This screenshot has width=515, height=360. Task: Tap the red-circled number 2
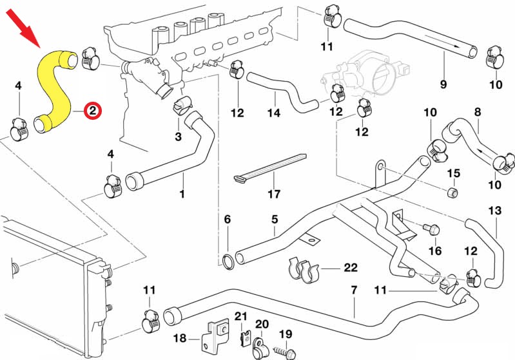[93, 111]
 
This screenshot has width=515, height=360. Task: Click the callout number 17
[274, 193]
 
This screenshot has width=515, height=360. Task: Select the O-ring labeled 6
[228, 260]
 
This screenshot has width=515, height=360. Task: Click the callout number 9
[443, 83]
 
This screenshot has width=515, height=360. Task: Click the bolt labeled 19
[284, 351]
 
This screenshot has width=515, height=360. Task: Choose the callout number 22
[350, 267]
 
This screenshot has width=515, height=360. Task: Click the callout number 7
[354, 290]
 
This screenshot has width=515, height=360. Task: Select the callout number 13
[494, 211]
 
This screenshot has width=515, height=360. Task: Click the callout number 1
[182, 193]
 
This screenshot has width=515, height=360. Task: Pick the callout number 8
[478, 112]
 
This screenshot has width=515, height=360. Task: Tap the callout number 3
[179, 136]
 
